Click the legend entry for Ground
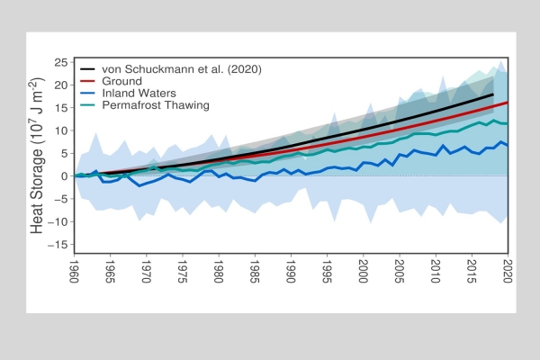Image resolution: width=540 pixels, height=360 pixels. pyautogui.click(x=120, y=79)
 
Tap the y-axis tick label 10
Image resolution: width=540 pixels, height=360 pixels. pyautogui.click(x=62, y=130)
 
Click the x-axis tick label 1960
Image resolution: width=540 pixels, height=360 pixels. pyautogui.click(x=74, y=272)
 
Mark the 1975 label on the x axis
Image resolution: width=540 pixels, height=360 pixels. pyautogui.click(x=183, y=272)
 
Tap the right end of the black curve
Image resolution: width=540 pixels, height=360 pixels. pyautogui.click(x=494, y=94)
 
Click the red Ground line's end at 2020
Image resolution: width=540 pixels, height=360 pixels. pyautogui.click(x=508, y=103)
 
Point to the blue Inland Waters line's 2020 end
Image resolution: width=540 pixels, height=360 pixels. pyautogui.click(x=508, y=145)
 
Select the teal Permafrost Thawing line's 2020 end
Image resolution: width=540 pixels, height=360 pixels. pyautogui.click(x=508, y=123)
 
